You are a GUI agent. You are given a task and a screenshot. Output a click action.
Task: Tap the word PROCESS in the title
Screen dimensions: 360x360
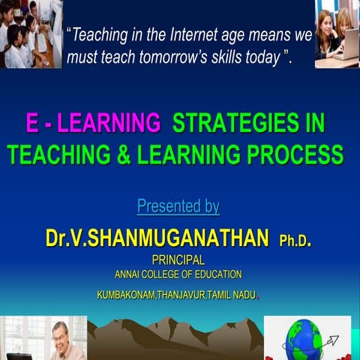[x=288, y=154]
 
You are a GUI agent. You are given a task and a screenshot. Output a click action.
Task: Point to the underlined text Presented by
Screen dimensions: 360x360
[x=178, y=205]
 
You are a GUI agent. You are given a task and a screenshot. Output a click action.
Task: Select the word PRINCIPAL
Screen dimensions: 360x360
[x=178, y=259]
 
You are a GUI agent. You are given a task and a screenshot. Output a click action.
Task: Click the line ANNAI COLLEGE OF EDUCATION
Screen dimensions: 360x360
[x=178, y=274]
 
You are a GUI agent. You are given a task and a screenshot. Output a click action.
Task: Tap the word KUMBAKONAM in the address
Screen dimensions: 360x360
[x=125, y=295]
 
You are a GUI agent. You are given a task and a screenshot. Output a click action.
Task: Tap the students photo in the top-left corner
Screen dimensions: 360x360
[x=31, y=34]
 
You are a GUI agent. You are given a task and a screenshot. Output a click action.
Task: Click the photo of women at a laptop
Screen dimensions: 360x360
[x=336, y=34]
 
